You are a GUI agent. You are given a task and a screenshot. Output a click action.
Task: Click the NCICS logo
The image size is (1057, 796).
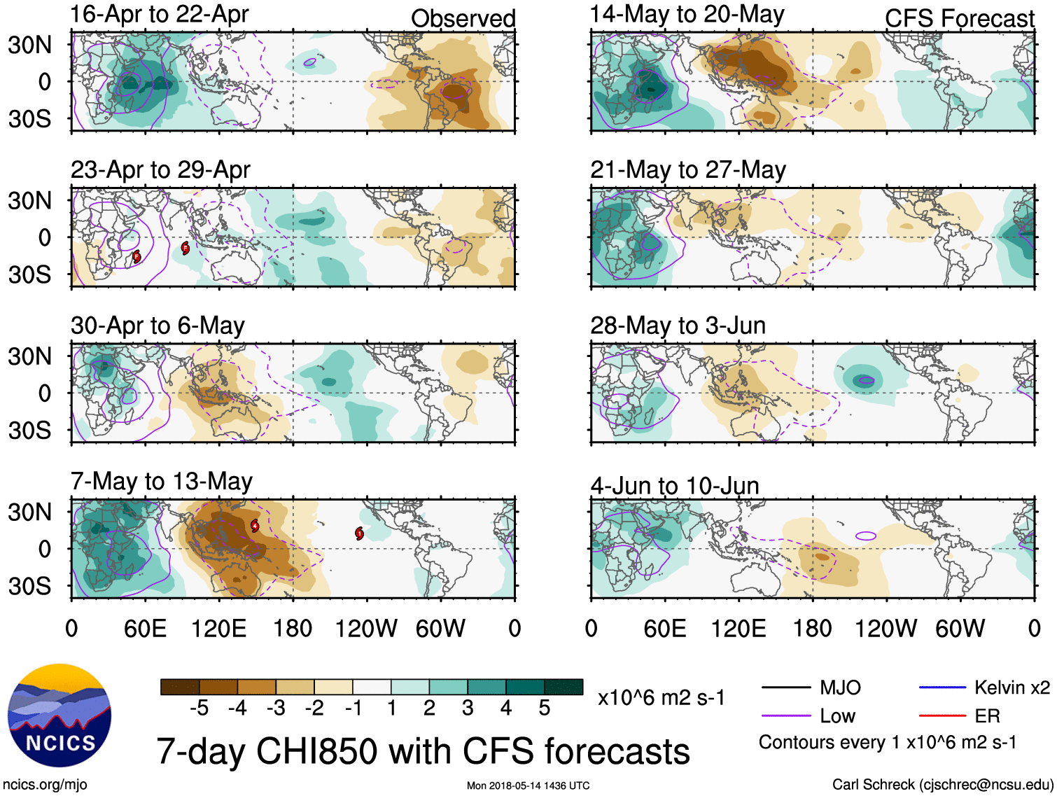pos(59,715)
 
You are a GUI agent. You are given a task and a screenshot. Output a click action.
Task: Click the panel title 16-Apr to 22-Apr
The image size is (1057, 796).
pos(159,14)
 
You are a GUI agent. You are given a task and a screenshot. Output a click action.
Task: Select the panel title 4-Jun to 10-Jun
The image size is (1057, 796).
pos(674,485)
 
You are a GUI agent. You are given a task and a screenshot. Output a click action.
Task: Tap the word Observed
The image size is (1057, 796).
pos(463,19)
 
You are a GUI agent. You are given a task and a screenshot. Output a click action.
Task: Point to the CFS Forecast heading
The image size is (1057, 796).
pos(959,19)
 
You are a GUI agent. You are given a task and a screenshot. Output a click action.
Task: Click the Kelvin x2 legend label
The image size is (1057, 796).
pos(1011,687)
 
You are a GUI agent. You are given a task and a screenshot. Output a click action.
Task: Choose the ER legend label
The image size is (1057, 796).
pos(987,715)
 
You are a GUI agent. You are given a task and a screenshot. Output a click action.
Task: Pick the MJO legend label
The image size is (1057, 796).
pos(840,687)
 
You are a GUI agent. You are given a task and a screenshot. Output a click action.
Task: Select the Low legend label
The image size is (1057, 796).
pos(837,715)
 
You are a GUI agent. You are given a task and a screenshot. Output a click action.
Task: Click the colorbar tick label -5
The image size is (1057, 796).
pos(199,708)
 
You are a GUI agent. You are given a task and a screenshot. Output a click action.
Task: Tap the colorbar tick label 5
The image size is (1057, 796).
pos(544,708)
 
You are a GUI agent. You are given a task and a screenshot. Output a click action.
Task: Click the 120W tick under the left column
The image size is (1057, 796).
pos(366,628)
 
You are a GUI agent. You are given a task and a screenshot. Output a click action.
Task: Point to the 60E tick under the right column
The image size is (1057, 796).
pos(664,628)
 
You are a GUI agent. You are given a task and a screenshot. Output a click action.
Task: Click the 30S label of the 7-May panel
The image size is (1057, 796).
pos(29,585)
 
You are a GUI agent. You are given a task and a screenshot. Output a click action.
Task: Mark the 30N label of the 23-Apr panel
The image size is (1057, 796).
pos(29,201)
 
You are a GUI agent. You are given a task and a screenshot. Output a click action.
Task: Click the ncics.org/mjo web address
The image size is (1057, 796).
pos(45,785)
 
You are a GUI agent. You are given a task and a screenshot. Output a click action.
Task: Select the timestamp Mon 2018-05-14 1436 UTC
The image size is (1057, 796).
pos(528,785)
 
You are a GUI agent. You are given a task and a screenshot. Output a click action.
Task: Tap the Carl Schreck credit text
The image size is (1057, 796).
pos(942,785)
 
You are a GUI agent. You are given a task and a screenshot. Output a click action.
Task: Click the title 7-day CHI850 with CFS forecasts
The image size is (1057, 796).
pos(423,751)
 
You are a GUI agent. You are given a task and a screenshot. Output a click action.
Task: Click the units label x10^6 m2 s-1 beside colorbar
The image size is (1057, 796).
pos(661,697)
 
